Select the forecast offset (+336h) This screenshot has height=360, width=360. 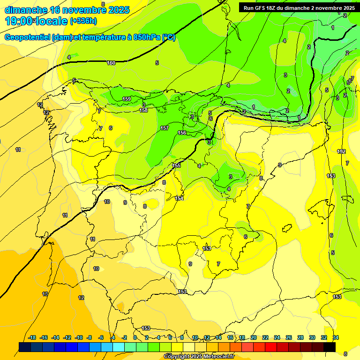(x=83, y=21)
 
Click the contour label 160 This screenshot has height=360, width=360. (x=111, y=63)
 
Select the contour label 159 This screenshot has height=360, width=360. (x=127, y=99)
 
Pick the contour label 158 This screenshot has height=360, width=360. (x=144, y=110)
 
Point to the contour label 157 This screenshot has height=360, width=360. (x=165, y=128)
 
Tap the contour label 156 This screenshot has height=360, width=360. (x=182, y=133)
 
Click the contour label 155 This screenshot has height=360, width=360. (x=177, y=165)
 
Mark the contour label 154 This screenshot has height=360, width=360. (x=179, y=198)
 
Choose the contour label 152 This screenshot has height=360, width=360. (x=341, y=151)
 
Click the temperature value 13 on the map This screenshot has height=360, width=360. (x=45, y=294)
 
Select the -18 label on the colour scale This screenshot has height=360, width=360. (x=32, y=337)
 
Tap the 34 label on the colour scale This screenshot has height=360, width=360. (x=336, y=337)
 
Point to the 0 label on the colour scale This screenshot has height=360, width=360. (x=135, y=337)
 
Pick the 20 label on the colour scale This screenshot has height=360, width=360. (x=254, y=337)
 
